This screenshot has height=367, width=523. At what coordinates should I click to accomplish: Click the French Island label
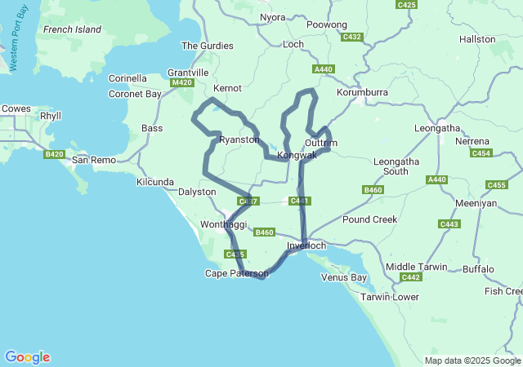(x=72, y=29)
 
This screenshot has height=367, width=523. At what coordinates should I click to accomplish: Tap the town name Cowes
(x=16, y=108)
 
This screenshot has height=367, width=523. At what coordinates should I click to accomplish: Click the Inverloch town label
(x=307, y=245)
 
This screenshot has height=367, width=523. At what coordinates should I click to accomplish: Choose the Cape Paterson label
(x=236, y=273)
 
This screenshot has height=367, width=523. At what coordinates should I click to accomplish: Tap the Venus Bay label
(x=344, y=277)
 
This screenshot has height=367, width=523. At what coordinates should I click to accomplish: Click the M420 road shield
(x=182, y=82)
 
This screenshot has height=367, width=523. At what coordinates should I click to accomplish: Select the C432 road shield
(x=352, y=37)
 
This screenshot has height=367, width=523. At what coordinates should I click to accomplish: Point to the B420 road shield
(x=55, y=154)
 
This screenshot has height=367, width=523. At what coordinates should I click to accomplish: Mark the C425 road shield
(x=406, y=5)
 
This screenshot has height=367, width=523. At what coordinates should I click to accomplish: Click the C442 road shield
(x=411, y=277)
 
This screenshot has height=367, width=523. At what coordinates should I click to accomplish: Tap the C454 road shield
(x=481, y=153)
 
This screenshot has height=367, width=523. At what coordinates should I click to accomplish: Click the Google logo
(x=27, y=357)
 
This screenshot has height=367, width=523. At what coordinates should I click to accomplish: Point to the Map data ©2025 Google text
(x=472, y=360)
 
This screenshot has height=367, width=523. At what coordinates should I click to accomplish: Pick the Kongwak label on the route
(x=297, y=155)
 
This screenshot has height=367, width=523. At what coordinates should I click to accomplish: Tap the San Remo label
(x=94, y=160)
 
